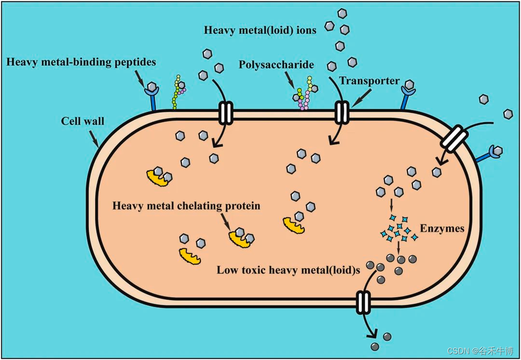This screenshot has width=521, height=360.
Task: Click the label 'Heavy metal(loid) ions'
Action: pyautogui.click(x=260, y=30)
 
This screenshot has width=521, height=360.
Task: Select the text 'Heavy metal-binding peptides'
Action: pyautogui.click(x=82, y=62)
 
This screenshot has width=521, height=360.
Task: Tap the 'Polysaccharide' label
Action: pyautogui.click(x=276, y=65)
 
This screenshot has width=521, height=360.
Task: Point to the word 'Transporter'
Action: pyautogui.click(x=370, y=80)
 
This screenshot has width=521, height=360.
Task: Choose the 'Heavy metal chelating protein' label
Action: pyautogui.click(x=186, y=206)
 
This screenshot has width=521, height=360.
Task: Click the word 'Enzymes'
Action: pyautogui.click(x=442, y=228)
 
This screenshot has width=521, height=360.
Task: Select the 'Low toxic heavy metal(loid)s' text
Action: pyautogui.click(x=288, y=270)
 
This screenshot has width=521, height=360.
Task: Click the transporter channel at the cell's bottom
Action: pyautogui.click(x=363, y=302)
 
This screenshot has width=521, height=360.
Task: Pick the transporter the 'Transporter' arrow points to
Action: pyautogui.click(x=342, y=112)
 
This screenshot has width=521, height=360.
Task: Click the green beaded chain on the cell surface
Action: pyautogui.click(x=178, y=92)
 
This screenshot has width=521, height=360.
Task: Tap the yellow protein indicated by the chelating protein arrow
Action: pyautogui.click(x=240, y=238)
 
